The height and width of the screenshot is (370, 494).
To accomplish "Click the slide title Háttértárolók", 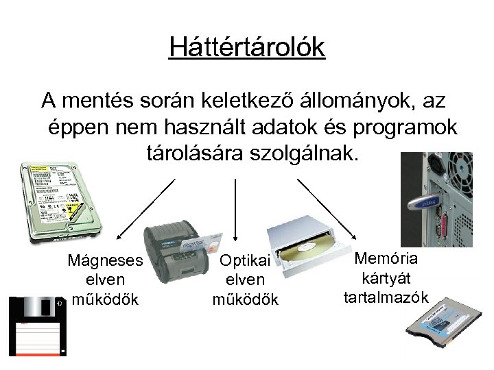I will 247,47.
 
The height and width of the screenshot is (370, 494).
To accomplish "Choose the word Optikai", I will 246,261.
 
